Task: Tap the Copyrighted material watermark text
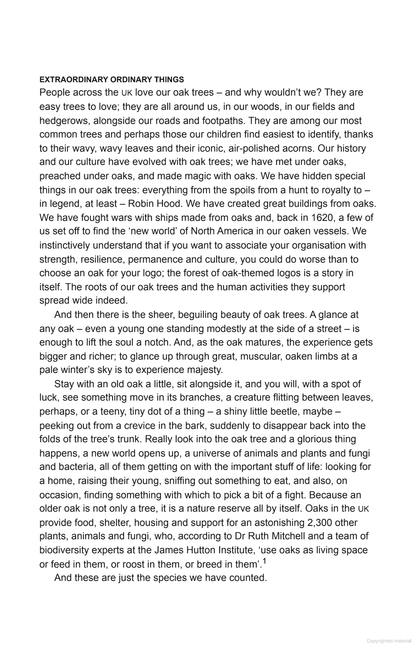click(389, 641)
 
